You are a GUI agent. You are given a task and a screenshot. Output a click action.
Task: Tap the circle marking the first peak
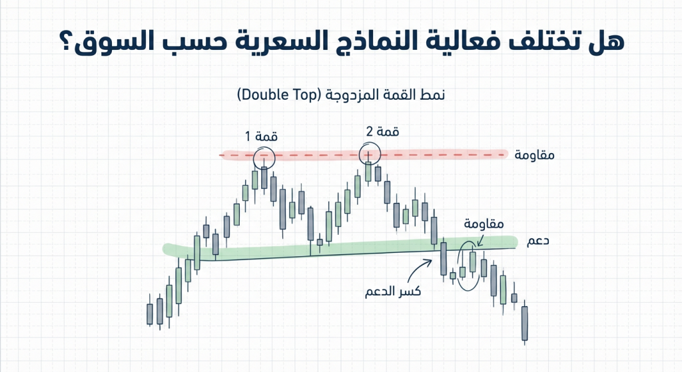(264, 157)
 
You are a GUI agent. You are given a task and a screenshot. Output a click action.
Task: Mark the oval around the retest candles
(469, 266)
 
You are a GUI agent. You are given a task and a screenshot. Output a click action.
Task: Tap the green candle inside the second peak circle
(368, 169)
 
